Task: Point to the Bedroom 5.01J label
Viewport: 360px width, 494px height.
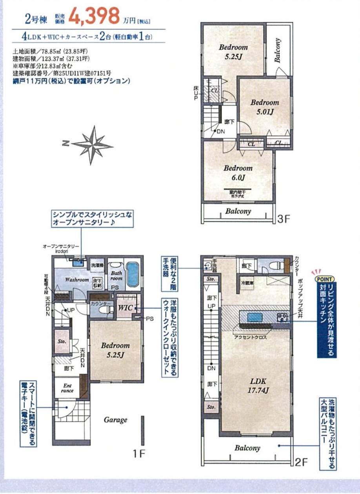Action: pos(265,107)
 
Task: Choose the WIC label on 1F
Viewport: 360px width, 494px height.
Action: pos(126,308)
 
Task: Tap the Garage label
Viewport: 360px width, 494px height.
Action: pos(115,420)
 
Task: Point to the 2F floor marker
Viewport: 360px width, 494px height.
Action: pos(301,462)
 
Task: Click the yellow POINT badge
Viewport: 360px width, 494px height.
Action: pos(325,279)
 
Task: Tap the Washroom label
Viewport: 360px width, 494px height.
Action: pos(77,280)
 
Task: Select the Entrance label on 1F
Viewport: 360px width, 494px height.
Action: pos(67,388)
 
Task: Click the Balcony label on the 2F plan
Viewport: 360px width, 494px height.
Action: pos(247,448)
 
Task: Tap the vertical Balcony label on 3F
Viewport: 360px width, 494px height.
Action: pos(278,51)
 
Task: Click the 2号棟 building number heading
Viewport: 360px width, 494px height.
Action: pos(36,18)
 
